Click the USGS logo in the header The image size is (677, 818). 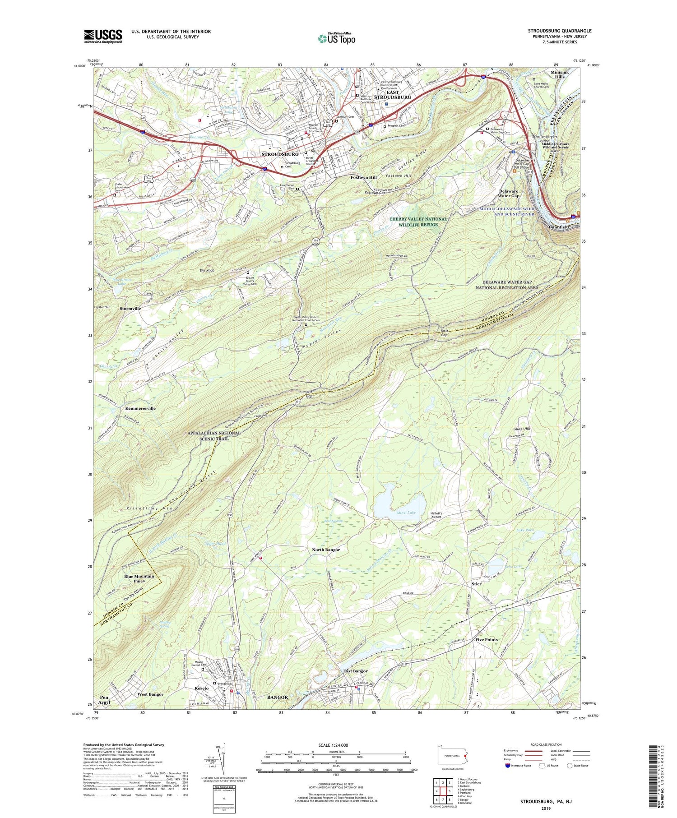103,36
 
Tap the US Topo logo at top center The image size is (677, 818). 336,38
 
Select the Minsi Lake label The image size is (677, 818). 406,513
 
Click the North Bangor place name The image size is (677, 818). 326,550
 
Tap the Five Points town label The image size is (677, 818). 487,640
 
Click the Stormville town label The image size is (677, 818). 130,309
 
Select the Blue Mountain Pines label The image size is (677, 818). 139,578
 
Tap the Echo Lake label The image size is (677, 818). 512,566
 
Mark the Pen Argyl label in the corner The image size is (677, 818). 104,700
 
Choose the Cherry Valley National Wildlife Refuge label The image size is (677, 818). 418,222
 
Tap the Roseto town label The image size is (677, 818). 201,688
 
